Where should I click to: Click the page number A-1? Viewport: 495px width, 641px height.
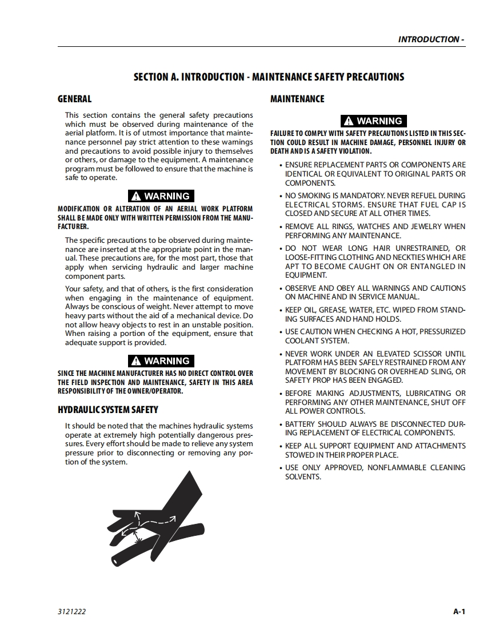pyautogui.click(x=459, y=611)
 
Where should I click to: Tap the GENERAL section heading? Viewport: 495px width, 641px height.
pyautogui.click(x=74, y=99)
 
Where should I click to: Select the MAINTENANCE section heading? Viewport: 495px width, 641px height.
pyautogui.click(x=297, y=99)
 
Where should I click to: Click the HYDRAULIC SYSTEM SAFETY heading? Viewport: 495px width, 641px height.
pyautogui.click(x=108, y=410)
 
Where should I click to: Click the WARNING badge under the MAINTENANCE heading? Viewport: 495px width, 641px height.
pyautogui.click(x=374, y=121)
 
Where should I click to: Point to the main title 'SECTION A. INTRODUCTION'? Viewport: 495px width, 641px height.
pyautogui.click(x=269, y=77)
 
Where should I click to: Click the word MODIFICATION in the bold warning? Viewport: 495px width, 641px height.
pyautogui.click(x=78, y=209)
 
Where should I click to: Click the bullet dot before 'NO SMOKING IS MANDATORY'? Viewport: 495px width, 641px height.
pyautogui.click(x=281, y=196)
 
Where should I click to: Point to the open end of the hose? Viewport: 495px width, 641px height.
pyautogui.click(x=117, y=562)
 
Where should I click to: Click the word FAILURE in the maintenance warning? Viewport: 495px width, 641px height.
pyautogui.click(x=282, y=134)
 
